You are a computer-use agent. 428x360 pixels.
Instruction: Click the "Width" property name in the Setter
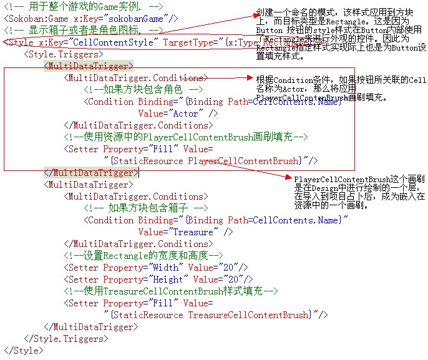163,268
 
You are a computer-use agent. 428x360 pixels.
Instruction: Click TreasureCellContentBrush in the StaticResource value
248,315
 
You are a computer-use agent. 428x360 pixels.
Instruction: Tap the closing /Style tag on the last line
22,351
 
